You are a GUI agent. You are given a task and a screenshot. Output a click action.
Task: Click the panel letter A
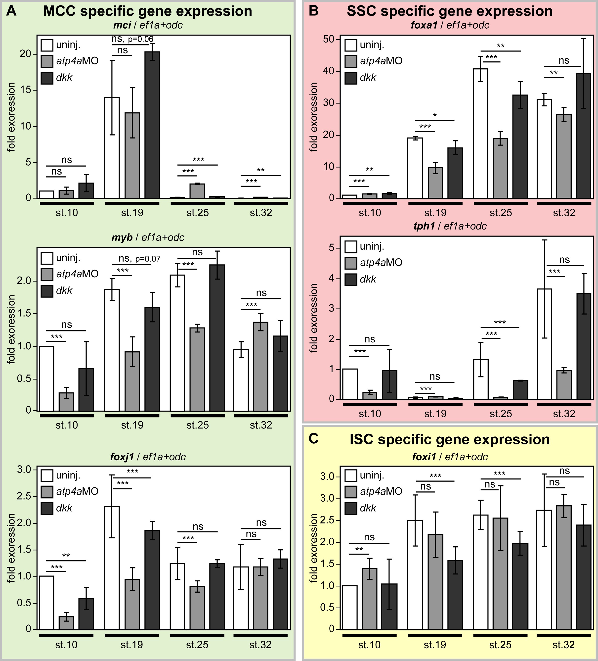click(x=11, y=11)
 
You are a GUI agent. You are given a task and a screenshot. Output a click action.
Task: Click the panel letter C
click(x=314, y=439)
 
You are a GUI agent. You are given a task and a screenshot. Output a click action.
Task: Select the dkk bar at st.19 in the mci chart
click(x=152, y=125)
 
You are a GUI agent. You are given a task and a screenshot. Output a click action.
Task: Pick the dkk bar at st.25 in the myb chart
click(x=217, y=338)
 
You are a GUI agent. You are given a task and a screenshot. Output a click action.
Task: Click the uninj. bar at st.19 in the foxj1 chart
click(x=112, y=567)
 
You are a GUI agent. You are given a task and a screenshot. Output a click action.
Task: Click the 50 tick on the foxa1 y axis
click(x=328, y=39)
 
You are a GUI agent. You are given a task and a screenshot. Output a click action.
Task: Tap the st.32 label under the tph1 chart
click(x=564, y=414)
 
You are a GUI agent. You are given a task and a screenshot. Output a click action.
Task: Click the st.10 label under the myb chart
click(x=67, y=425)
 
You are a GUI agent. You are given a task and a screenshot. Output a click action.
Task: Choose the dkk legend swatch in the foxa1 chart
click(x=351, y=78)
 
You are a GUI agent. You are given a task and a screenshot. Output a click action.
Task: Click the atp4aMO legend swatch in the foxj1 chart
click(x=47, y=491)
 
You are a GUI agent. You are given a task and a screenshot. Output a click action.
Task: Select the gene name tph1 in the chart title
click(x=424, y=226)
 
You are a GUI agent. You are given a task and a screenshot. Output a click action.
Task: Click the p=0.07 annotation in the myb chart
click(x=148, y=259)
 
